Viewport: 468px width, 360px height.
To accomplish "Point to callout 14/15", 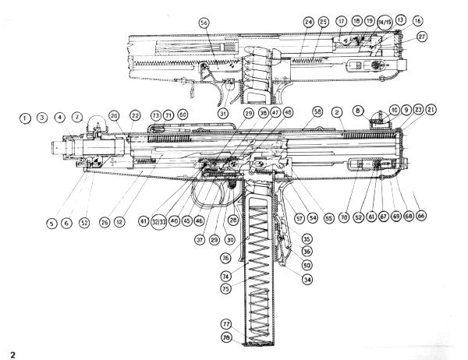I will coord(384,22).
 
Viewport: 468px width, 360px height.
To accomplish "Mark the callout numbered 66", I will coord(422,214).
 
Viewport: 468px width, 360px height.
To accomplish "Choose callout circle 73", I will coord(155,115).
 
